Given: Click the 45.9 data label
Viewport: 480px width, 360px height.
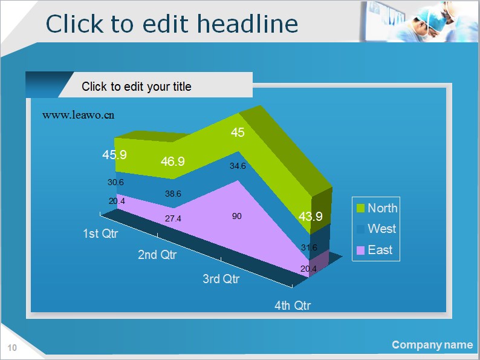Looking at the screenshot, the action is click(x=114, y=155).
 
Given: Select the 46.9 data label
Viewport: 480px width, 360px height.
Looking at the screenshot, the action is click(x=173, y=162).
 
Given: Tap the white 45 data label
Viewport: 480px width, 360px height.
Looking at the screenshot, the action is click(x=238, y=133).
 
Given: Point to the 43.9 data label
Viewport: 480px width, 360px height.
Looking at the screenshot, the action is click(x=310, y=217).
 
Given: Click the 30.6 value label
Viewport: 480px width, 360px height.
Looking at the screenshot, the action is click(x=115, y=182).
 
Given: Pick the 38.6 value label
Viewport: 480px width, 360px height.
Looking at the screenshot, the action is click(x=173, y=194).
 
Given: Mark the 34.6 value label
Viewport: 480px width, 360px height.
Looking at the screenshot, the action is click(x=238, y=166).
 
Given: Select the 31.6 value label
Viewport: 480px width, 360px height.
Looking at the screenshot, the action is click(x=309, y=247).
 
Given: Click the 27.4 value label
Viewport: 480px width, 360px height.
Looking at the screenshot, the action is click(x=173, y=218).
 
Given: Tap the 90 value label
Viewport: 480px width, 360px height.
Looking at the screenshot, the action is click(x=236, y=216).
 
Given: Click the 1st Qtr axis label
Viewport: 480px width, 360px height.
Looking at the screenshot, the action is click(x=100, y=234).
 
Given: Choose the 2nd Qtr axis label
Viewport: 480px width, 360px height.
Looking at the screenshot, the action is click(x=157, y=255).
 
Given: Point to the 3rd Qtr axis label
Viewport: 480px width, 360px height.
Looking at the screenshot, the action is click(x=221, y=279).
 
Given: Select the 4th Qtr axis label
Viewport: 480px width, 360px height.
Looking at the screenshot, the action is click(x=293, y=305).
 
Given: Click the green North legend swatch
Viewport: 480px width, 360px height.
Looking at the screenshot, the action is click(x=361, y=208).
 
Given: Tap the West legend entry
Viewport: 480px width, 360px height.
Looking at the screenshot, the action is click(x=376, y=229).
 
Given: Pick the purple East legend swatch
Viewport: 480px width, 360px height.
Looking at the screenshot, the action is click(x=361, y=250).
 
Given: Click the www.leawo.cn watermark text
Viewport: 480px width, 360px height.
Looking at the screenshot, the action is click(x=79, y=115).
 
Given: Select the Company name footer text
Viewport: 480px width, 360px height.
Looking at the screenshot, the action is click(x=432, y=345).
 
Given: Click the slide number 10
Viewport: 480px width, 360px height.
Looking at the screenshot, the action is click(x=12, y=348).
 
